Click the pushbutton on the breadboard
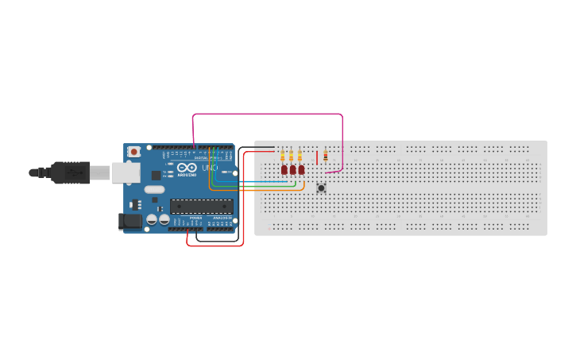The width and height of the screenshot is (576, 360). [x=321, y=188]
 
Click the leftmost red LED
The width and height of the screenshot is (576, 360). [x=284, y=169]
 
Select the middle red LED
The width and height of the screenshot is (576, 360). [x=292, y=169]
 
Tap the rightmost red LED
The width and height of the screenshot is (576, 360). [x=301, y=169]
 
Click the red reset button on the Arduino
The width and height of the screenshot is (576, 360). [x=134, y=151]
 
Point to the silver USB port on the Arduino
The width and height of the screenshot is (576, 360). [x=123, y=172]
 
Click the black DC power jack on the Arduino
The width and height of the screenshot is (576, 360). [x=128, y=222]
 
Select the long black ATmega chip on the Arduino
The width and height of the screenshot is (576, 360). [x=201, y=207]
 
